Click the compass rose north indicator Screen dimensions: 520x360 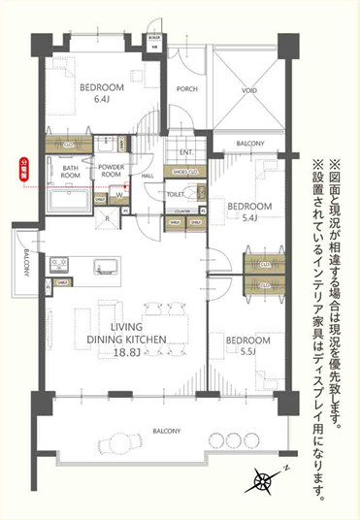[264, 477]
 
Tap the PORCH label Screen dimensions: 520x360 [189, 89]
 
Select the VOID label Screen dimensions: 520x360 [249, 89]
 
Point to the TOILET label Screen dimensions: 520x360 [176, 194]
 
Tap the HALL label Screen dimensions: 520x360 [149, 175]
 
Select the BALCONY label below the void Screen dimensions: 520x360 [249, 145]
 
